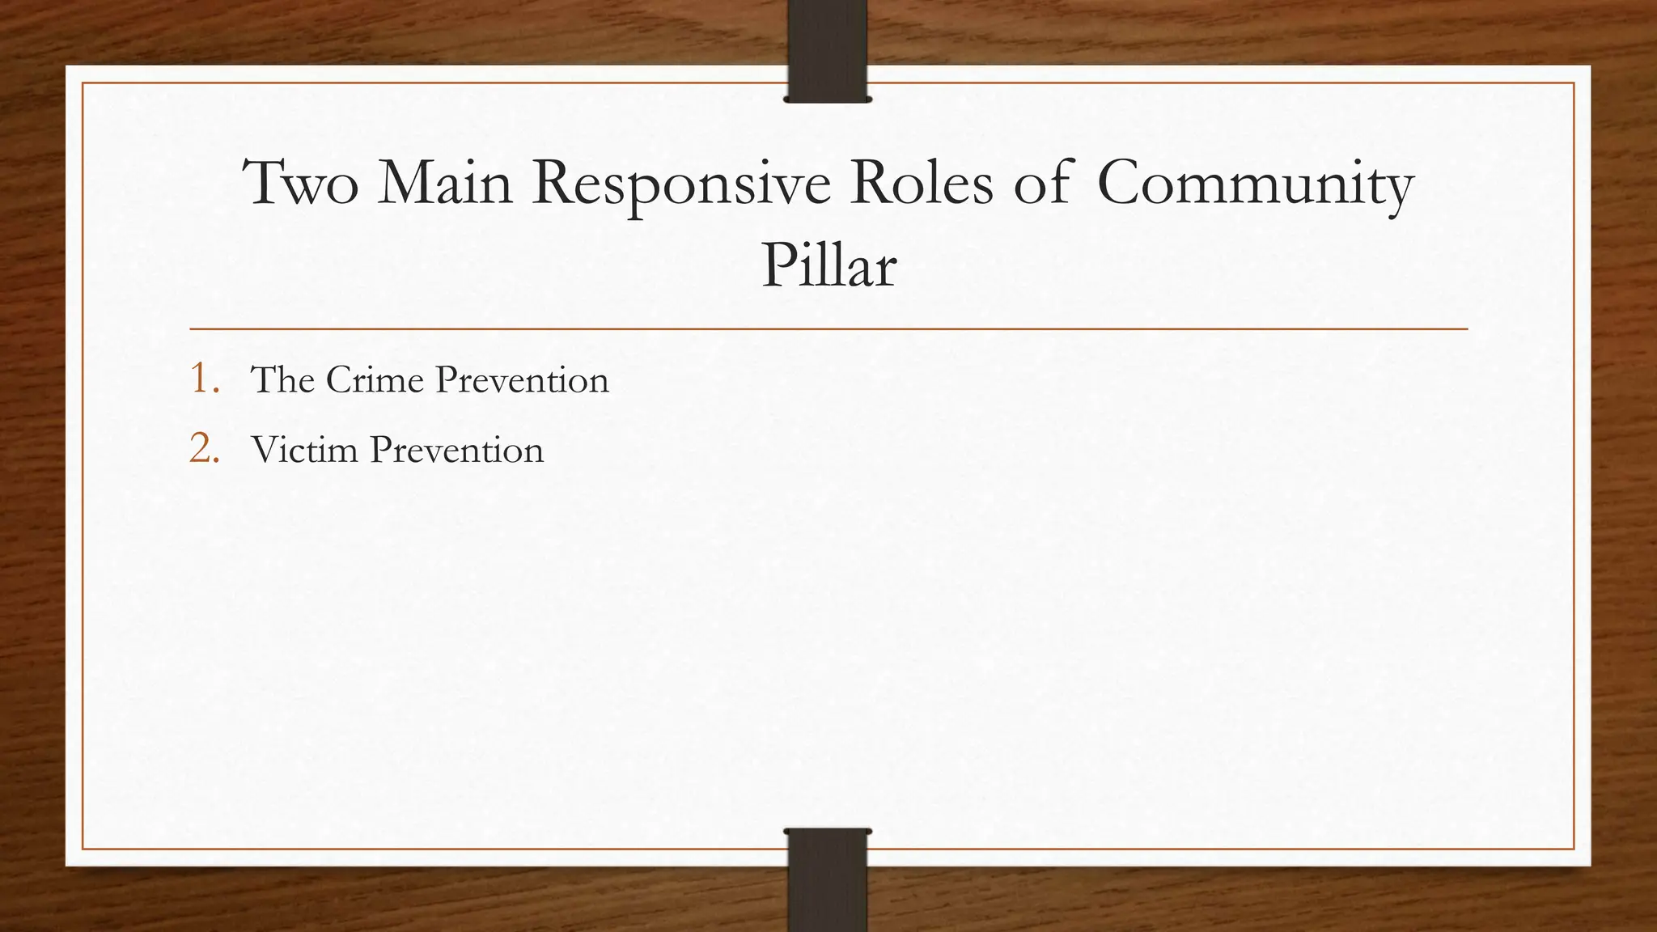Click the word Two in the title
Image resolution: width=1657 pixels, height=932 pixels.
click(301, 184)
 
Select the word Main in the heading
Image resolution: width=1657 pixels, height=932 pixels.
click(445, 184)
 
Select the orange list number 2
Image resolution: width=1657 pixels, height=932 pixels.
click(203, 449)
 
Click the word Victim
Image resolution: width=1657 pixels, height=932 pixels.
click(304, 450)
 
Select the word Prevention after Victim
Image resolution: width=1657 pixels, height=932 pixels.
click(457, 451)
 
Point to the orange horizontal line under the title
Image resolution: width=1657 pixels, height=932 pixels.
click(828, 329)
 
